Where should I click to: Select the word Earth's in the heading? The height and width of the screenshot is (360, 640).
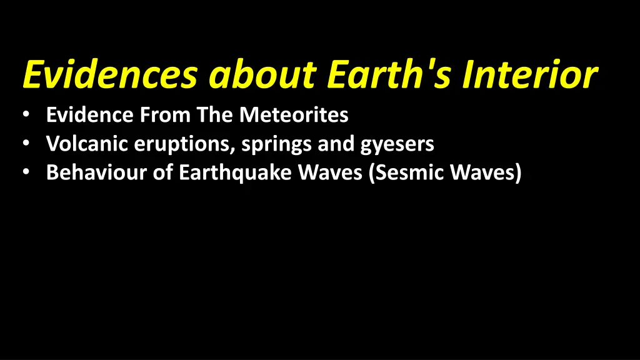pos(391,76)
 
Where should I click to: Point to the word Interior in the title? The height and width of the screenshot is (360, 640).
pos(531,76)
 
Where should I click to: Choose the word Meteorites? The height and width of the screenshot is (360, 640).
pos(294,115)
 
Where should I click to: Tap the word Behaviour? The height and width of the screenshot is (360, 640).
pos(96,172)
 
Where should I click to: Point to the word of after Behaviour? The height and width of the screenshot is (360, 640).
pos(162,172)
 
